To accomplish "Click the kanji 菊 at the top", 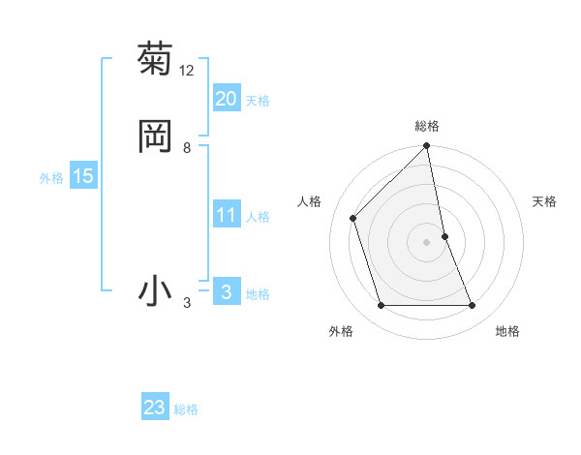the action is (x=155, y=59).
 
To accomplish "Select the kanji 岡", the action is (x=155, y=136).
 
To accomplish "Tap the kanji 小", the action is (x=155, y=291).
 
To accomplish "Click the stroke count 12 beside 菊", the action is (x=187, y=70).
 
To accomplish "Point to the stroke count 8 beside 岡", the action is (x=187, y=148).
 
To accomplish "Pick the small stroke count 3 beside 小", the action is (x=187, y=304).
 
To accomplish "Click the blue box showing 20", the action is (x=227, y=99).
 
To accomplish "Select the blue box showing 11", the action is (x=227, y=215).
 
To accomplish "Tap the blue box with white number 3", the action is (x=227, y=292).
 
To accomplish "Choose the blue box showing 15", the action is (x=83, y=176).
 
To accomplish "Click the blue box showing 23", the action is (x=155, y=408).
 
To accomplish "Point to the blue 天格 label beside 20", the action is (x=258, y=101).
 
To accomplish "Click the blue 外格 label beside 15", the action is (x=51, y=178).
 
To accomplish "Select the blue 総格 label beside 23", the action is (x=186, y=409).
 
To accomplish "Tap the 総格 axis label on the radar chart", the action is (x=427, y=126).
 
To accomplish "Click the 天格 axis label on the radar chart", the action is (x=545, y=201).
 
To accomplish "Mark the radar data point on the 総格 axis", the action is (x=427, y=147).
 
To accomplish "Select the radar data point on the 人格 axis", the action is (x=353, y=218).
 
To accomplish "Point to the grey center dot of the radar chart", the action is (x=427, y=242).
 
